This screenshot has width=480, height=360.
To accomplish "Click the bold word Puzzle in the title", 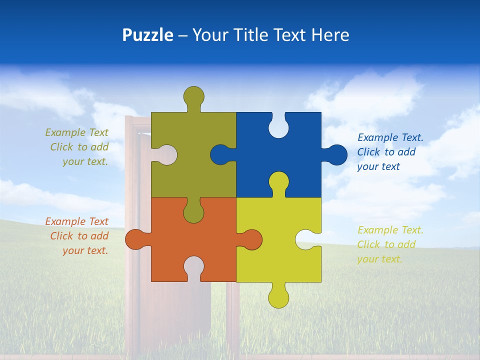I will click(x=147, y=35).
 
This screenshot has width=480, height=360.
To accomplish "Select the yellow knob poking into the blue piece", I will click(x=278, y=182).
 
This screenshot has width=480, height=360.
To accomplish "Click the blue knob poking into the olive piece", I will click(x=220, y=154).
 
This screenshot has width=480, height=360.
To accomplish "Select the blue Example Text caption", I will click(x=388, y=152).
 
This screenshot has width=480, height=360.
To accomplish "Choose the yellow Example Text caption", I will click(x=388, y=244).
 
